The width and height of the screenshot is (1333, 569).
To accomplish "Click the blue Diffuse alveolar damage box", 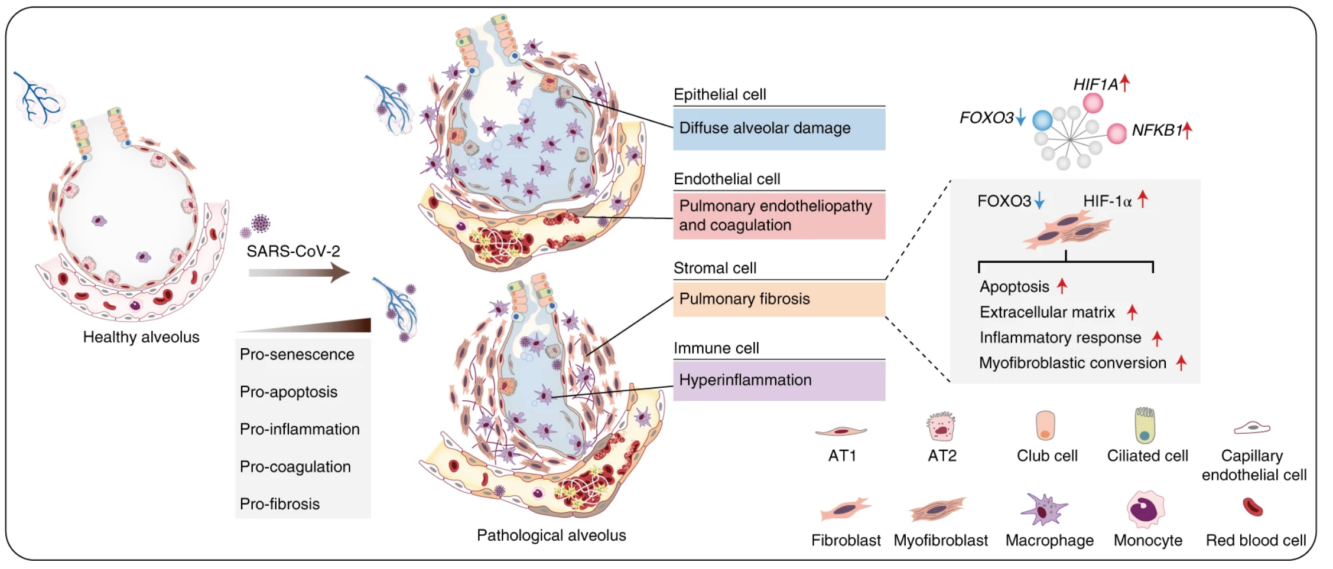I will [779, 129].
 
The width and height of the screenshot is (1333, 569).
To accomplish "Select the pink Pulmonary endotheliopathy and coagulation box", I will [779, 215].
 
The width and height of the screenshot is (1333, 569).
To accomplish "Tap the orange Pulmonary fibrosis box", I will [779, 299].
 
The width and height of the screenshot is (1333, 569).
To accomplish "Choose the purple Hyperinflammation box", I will [779, 380].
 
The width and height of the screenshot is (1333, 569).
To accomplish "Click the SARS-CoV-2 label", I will [293, 251].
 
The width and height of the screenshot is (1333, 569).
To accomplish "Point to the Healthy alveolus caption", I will [141, 337].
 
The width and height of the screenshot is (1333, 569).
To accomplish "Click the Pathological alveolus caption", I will [551, 535].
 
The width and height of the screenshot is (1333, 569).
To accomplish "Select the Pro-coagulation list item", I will [295, 467].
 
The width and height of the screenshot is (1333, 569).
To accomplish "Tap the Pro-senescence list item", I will [297, 355].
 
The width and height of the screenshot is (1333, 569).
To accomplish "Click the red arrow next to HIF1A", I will [1124, 83].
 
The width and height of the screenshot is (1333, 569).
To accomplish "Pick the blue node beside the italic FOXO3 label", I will [1042, 120].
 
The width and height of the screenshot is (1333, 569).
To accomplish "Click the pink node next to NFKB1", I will [1116, 133].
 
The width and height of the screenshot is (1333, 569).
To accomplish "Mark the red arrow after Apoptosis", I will [1062, 286].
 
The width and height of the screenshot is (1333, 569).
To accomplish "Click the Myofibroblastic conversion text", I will [1072, 363].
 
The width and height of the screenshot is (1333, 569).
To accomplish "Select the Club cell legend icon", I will [1045, 426].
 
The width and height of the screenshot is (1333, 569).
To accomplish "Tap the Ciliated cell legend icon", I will [1145, 426].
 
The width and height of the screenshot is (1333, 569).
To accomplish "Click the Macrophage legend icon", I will [1045, 509].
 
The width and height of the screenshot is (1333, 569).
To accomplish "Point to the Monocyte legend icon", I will [1146, 509].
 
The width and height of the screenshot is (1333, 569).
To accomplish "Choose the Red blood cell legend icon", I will [1253, 507].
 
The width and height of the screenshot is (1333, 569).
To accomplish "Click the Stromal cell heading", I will [715, 269].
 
